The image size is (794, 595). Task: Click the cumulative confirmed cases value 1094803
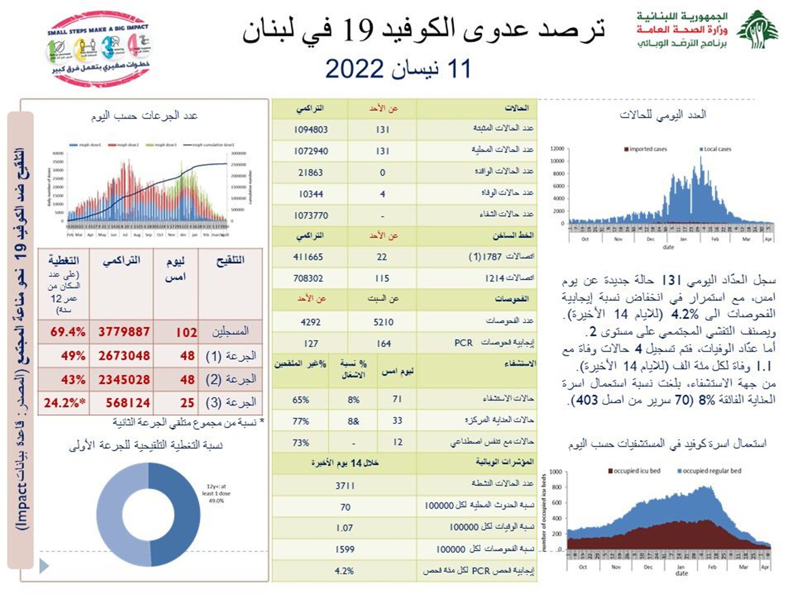310,130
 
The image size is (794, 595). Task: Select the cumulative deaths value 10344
310,194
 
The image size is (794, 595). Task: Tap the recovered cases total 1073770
310,215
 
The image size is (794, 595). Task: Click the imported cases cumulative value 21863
310,173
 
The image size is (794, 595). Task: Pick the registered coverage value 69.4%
67,332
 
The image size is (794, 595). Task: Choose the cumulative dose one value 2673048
124,355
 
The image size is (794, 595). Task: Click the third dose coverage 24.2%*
64,403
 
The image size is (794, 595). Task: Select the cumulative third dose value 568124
127,403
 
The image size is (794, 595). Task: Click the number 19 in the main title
358,30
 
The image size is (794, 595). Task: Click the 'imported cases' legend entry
646,149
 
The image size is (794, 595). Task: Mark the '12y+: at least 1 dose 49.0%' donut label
216,493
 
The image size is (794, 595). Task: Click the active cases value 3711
345,486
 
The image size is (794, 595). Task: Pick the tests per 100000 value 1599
345,549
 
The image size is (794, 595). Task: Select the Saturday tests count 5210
383,322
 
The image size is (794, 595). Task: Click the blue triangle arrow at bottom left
44,566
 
